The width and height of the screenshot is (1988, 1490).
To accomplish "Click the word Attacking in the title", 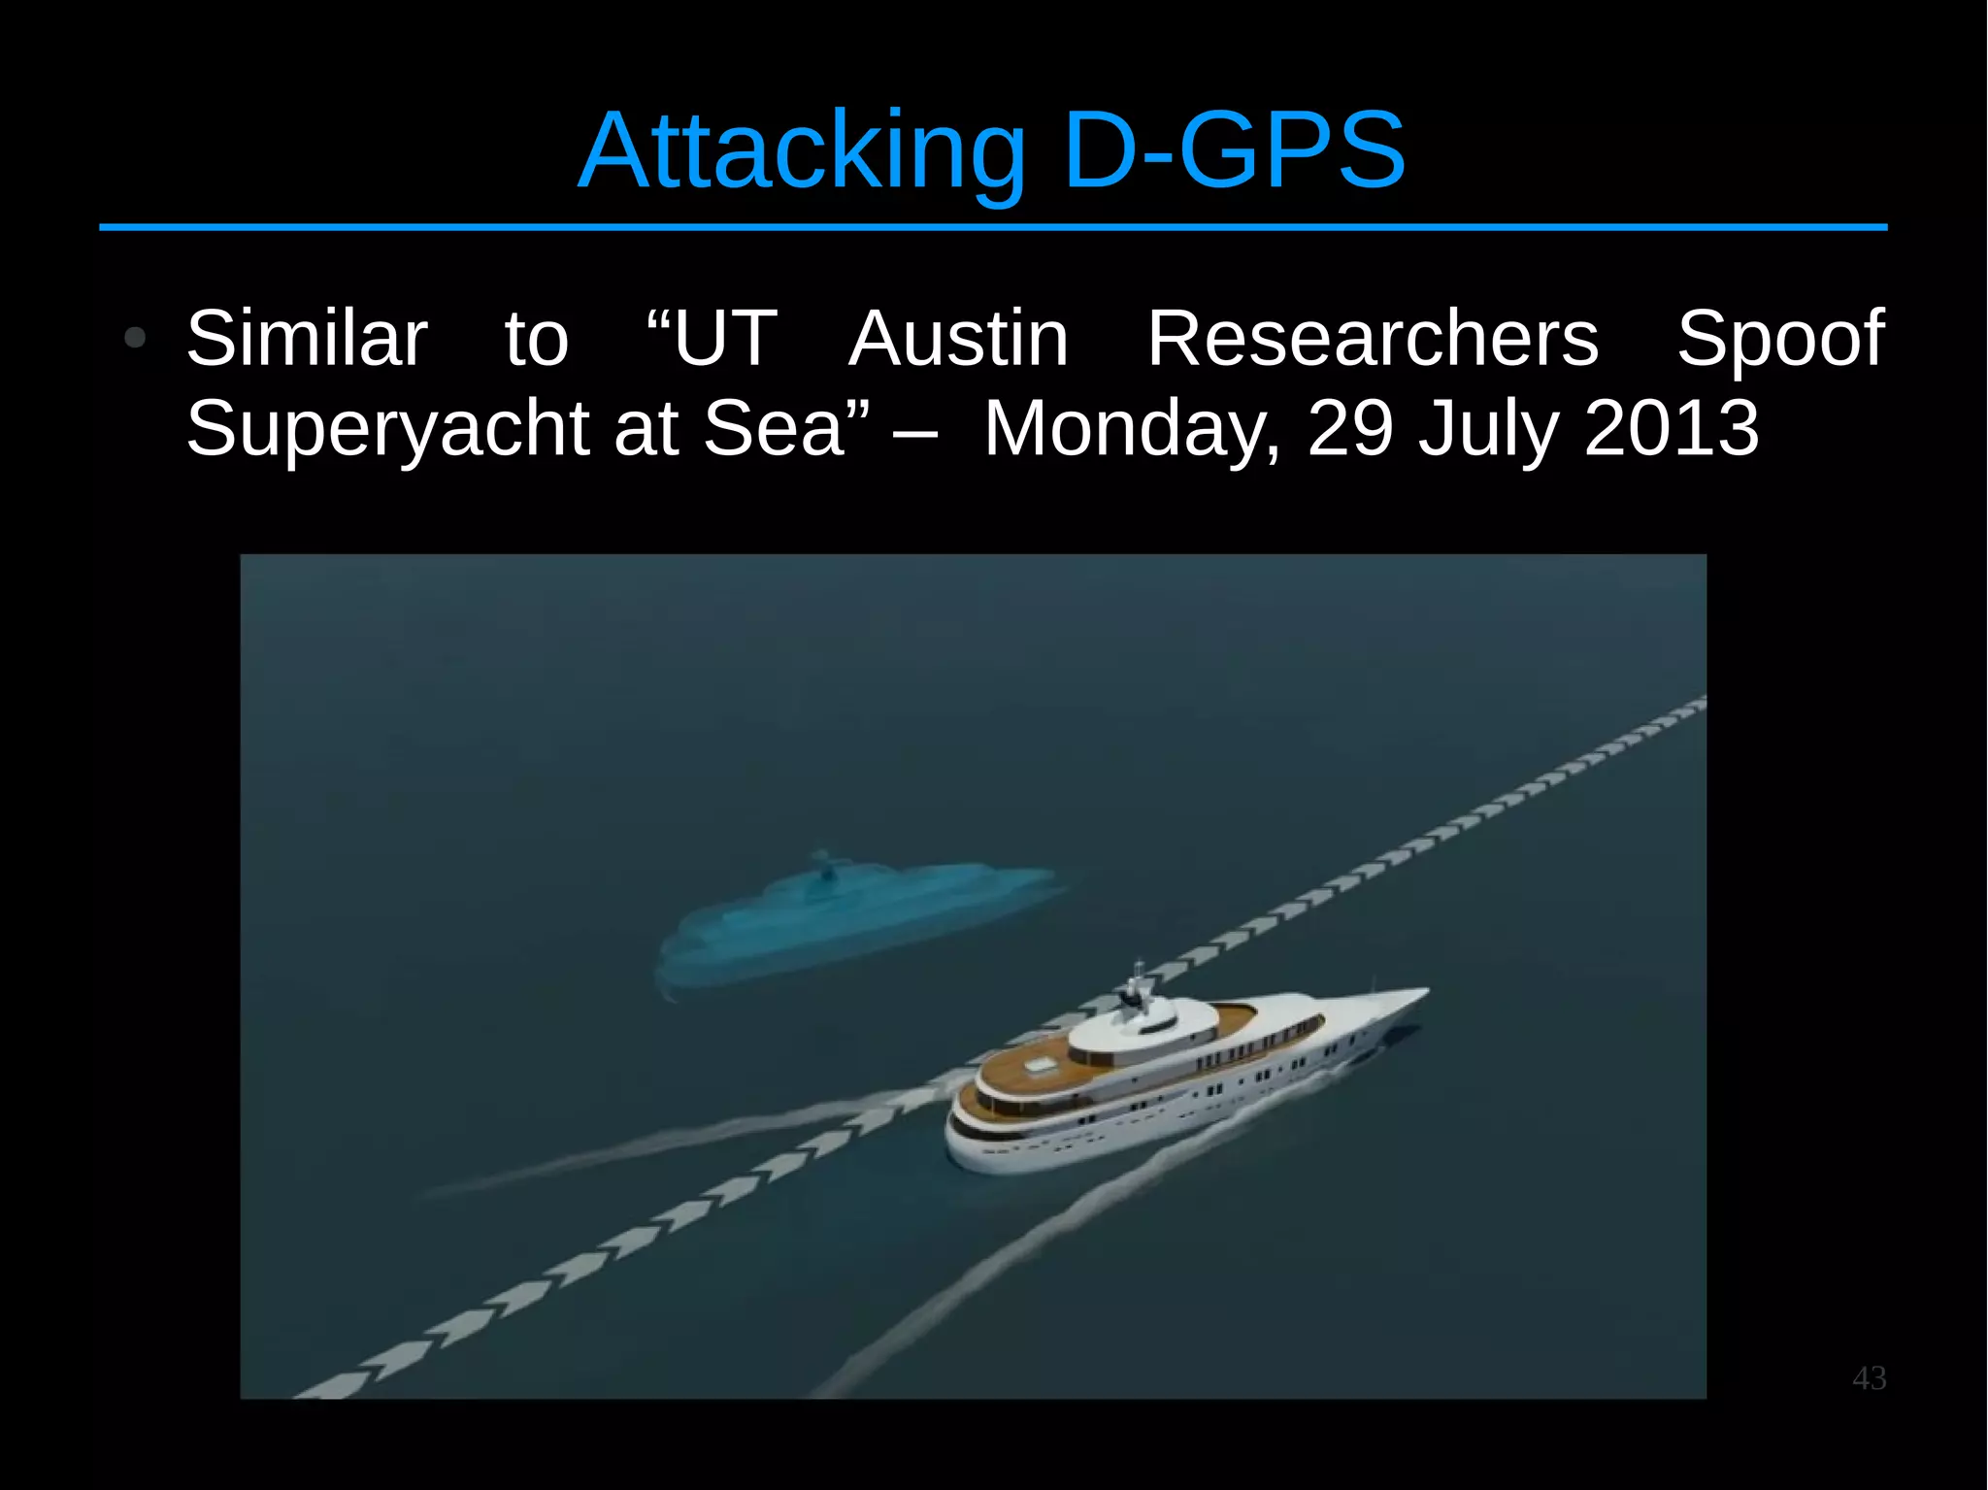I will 802,152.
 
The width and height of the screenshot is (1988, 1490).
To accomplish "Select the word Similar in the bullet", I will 307,338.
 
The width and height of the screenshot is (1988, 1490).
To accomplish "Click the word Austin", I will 958,338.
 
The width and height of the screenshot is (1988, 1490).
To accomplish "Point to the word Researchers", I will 1373,338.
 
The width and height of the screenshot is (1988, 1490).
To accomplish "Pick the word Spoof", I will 1780,338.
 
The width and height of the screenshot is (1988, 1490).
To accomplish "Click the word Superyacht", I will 388,429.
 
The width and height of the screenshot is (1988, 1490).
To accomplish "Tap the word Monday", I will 1132,429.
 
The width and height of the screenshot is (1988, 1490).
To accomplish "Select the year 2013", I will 1672,427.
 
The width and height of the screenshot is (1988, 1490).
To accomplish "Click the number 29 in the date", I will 1350,427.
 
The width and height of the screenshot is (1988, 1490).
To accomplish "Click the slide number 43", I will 1869,1378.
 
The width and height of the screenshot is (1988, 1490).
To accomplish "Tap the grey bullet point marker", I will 135,339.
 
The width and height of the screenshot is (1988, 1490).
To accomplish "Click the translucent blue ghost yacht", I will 854,922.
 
